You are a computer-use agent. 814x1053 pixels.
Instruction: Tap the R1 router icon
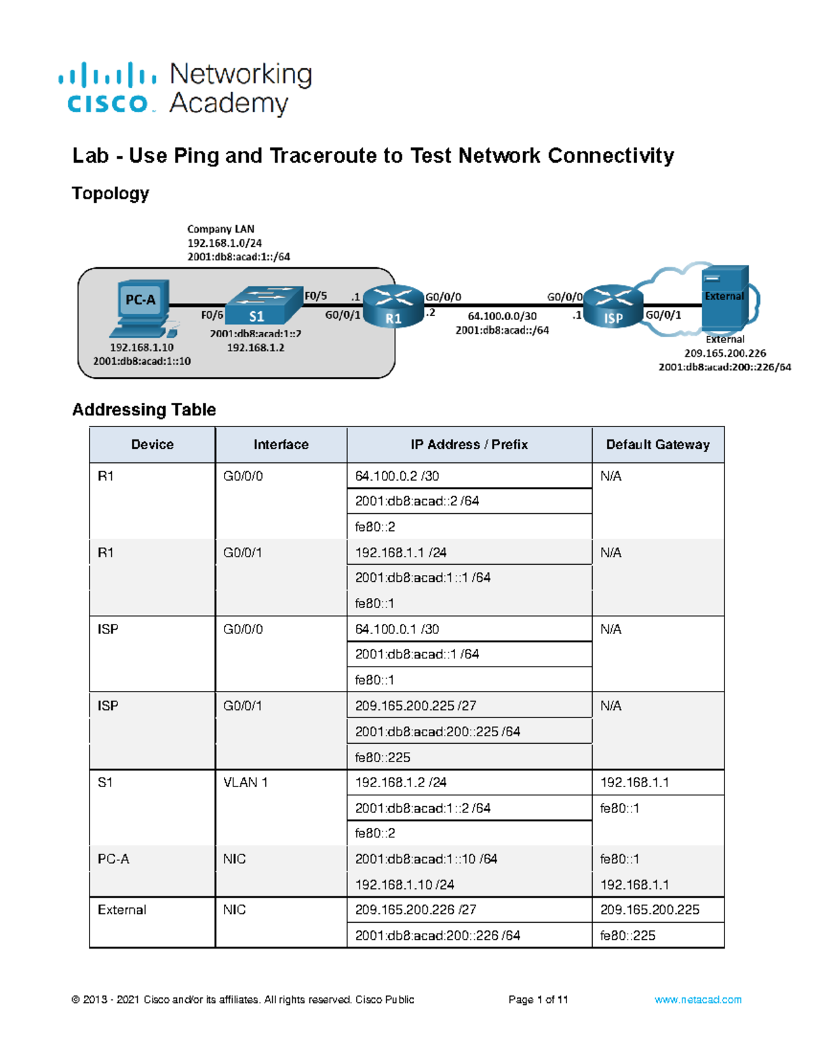393,306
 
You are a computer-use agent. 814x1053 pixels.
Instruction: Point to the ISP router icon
613,306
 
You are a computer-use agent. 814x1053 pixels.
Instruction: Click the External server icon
724,297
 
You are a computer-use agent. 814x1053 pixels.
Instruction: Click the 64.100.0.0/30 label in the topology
502,316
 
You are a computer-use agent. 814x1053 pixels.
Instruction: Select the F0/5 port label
315,296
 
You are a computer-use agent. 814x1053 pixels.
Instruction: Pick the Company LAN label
220,229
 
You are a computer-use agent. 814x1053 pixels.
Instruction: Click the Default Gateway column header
657,445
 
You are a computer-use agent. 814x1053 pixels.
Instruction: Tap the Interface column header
281,445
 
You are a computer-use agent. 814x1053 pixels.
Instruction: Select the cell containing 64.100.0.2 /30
397,476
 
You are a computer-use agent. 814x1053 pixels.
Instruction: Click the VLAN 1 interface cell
246,782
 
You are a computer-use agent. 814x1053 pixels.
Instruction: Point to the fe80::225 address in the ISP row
383,757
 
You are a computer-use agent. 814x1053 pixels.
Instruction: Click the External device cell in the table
122,910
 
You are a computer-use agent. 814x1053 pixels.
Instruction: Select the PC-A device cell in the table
113,859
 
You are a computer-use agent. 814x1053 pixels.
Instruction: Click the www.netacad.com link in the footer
697,999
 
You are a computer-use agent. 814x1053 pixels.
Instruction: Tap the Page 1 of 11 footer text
538,999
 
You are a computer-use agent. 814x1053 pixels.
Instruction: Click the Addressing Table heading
144,410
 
